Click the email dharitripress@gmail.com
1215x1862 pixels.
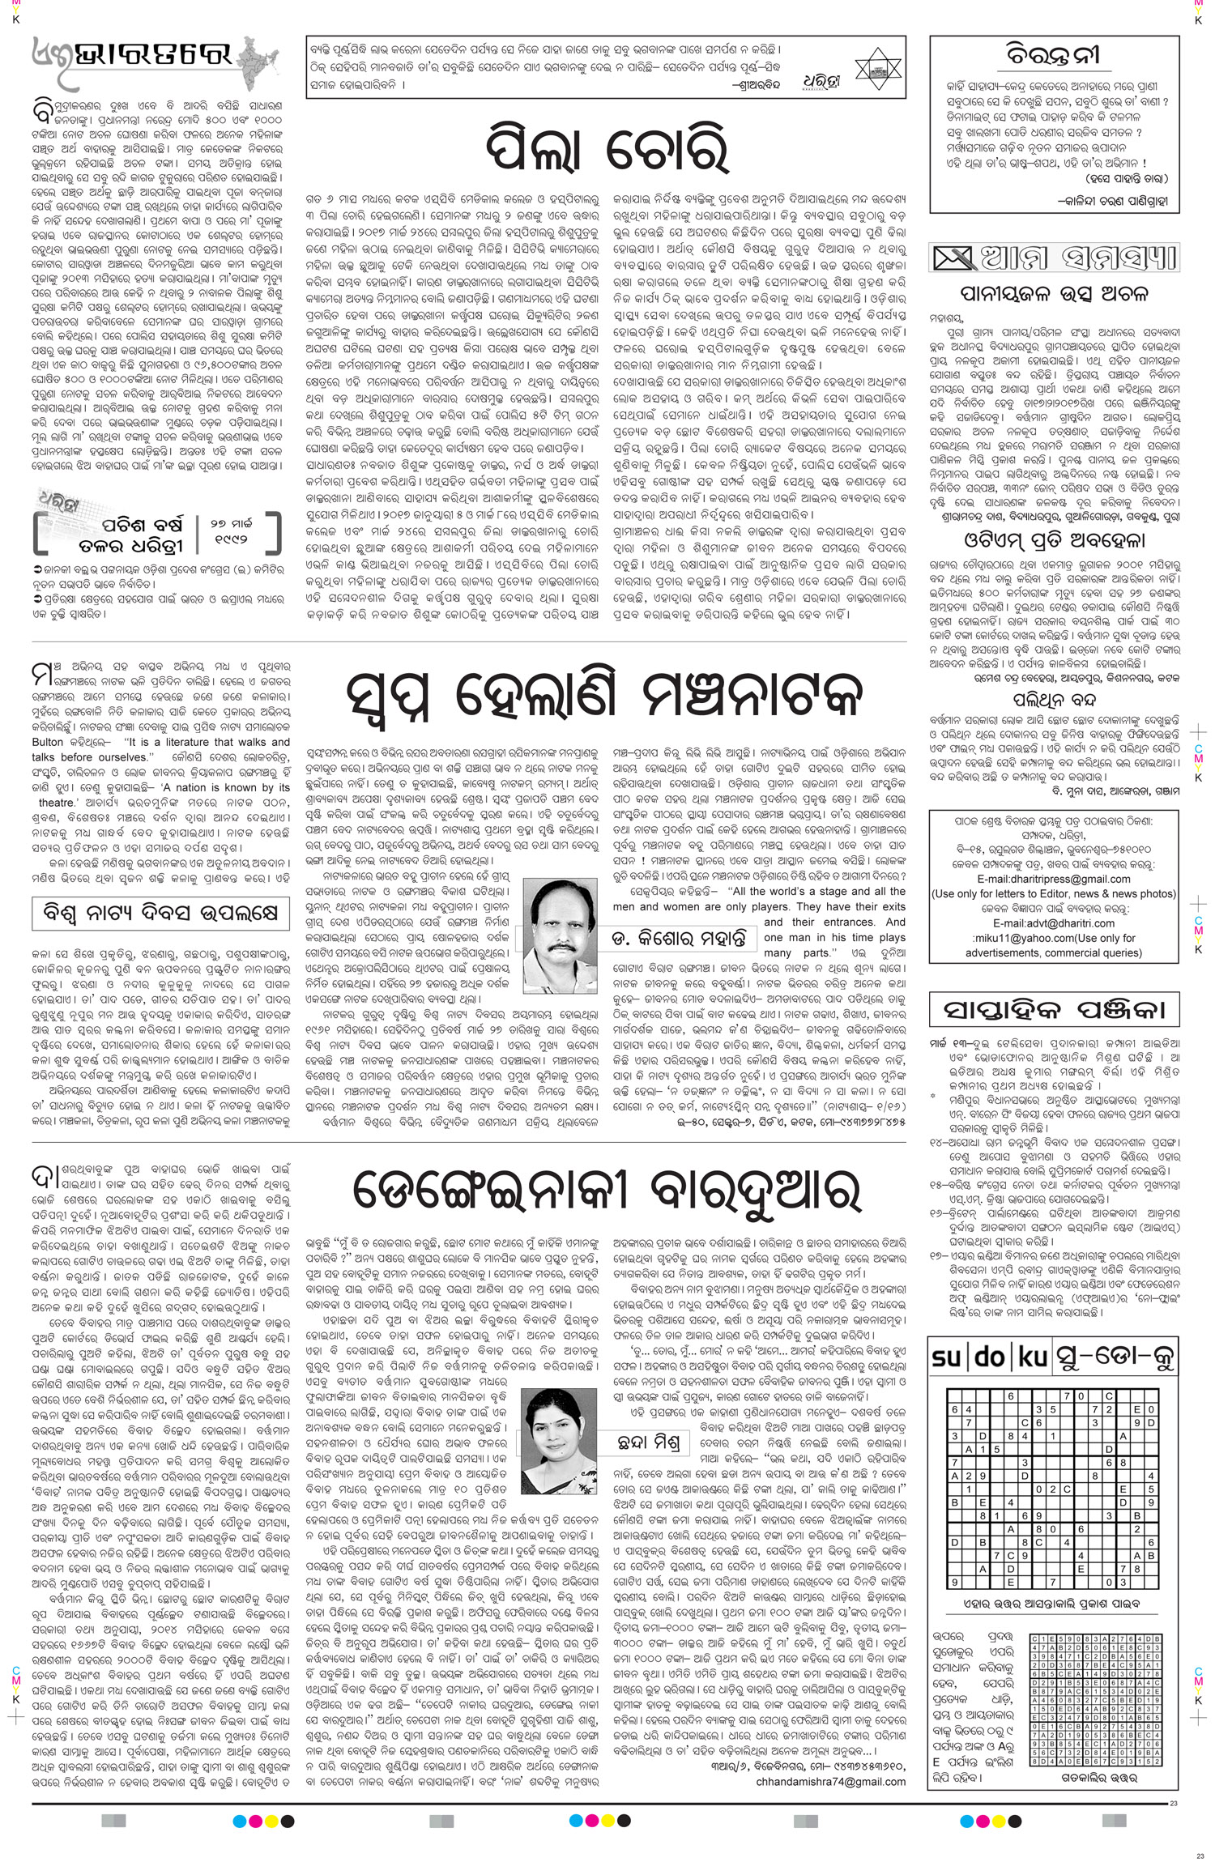[x=1053, y=879]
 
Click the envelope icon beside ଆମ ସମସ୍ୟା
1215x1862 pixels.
[x=954, y=259]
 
